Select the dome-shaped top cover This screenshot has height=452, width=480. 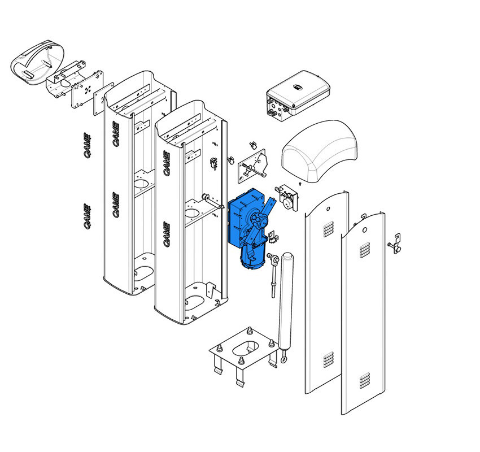pyautogui.click(x=319, y=151)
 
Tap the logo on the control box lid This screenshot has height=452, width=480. pyautogui.click(x=298, y=88)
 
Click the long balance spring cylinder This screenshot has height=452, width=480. pyautogui.click(x=286, y=302)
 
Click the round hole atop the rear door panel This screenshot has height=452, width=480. pyautogui.click(x=328, y=209)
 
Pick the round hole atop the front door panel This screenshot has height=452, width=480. pyautogui.click(x=365, y=230)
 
